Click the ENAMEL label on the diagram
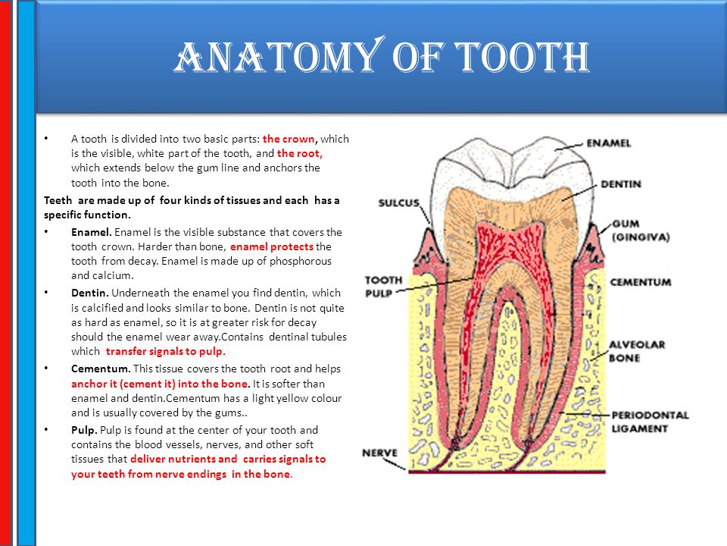608,143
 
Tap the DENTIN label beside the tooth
621,184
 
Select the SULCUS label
399,203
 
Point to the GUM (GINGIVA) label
641,231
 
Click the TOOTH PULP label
383,287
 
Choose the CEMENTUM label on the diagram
641,282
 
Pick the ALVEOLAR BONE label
637,351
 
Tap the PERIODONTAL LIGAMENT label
650,422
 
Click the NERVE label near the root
379,453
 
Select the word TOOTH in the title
522,57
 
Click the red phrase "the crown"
289,139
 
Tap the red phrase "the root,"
300,153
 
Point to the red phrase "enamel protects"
272,246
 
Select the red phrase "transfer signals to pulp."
166,351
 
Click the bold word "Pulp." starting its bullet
84,430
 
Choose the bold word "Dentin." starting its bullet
90,293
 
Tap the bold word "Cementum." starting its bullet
101,369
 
